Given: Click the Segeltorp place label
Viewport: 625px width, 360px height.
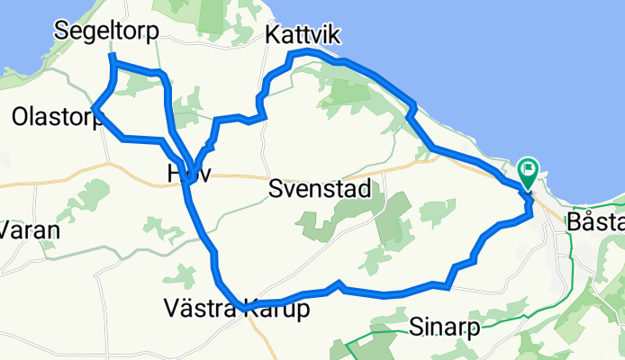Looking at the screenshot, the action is pyautogui.click(x=105, y=31).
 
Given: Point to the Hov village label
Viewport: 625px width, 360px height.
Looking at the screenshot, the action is pyautogui.click(x=189, y=174).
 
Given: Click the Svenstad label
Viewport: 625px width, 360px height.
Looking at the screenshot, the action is pyautogui.click(x=320, y=189).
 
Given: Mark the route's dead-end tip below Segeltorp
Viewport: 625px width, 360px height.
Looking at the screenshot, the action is pyautogui.click(x=112, y=57).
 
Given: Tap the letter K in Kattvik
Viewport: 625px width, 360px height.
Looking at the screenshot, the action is pyautogui.click(x=272, y=35).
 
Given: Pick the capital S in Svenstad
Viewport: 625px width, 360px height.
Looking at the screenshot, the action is pyautogui.click(x=276, y=189).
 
